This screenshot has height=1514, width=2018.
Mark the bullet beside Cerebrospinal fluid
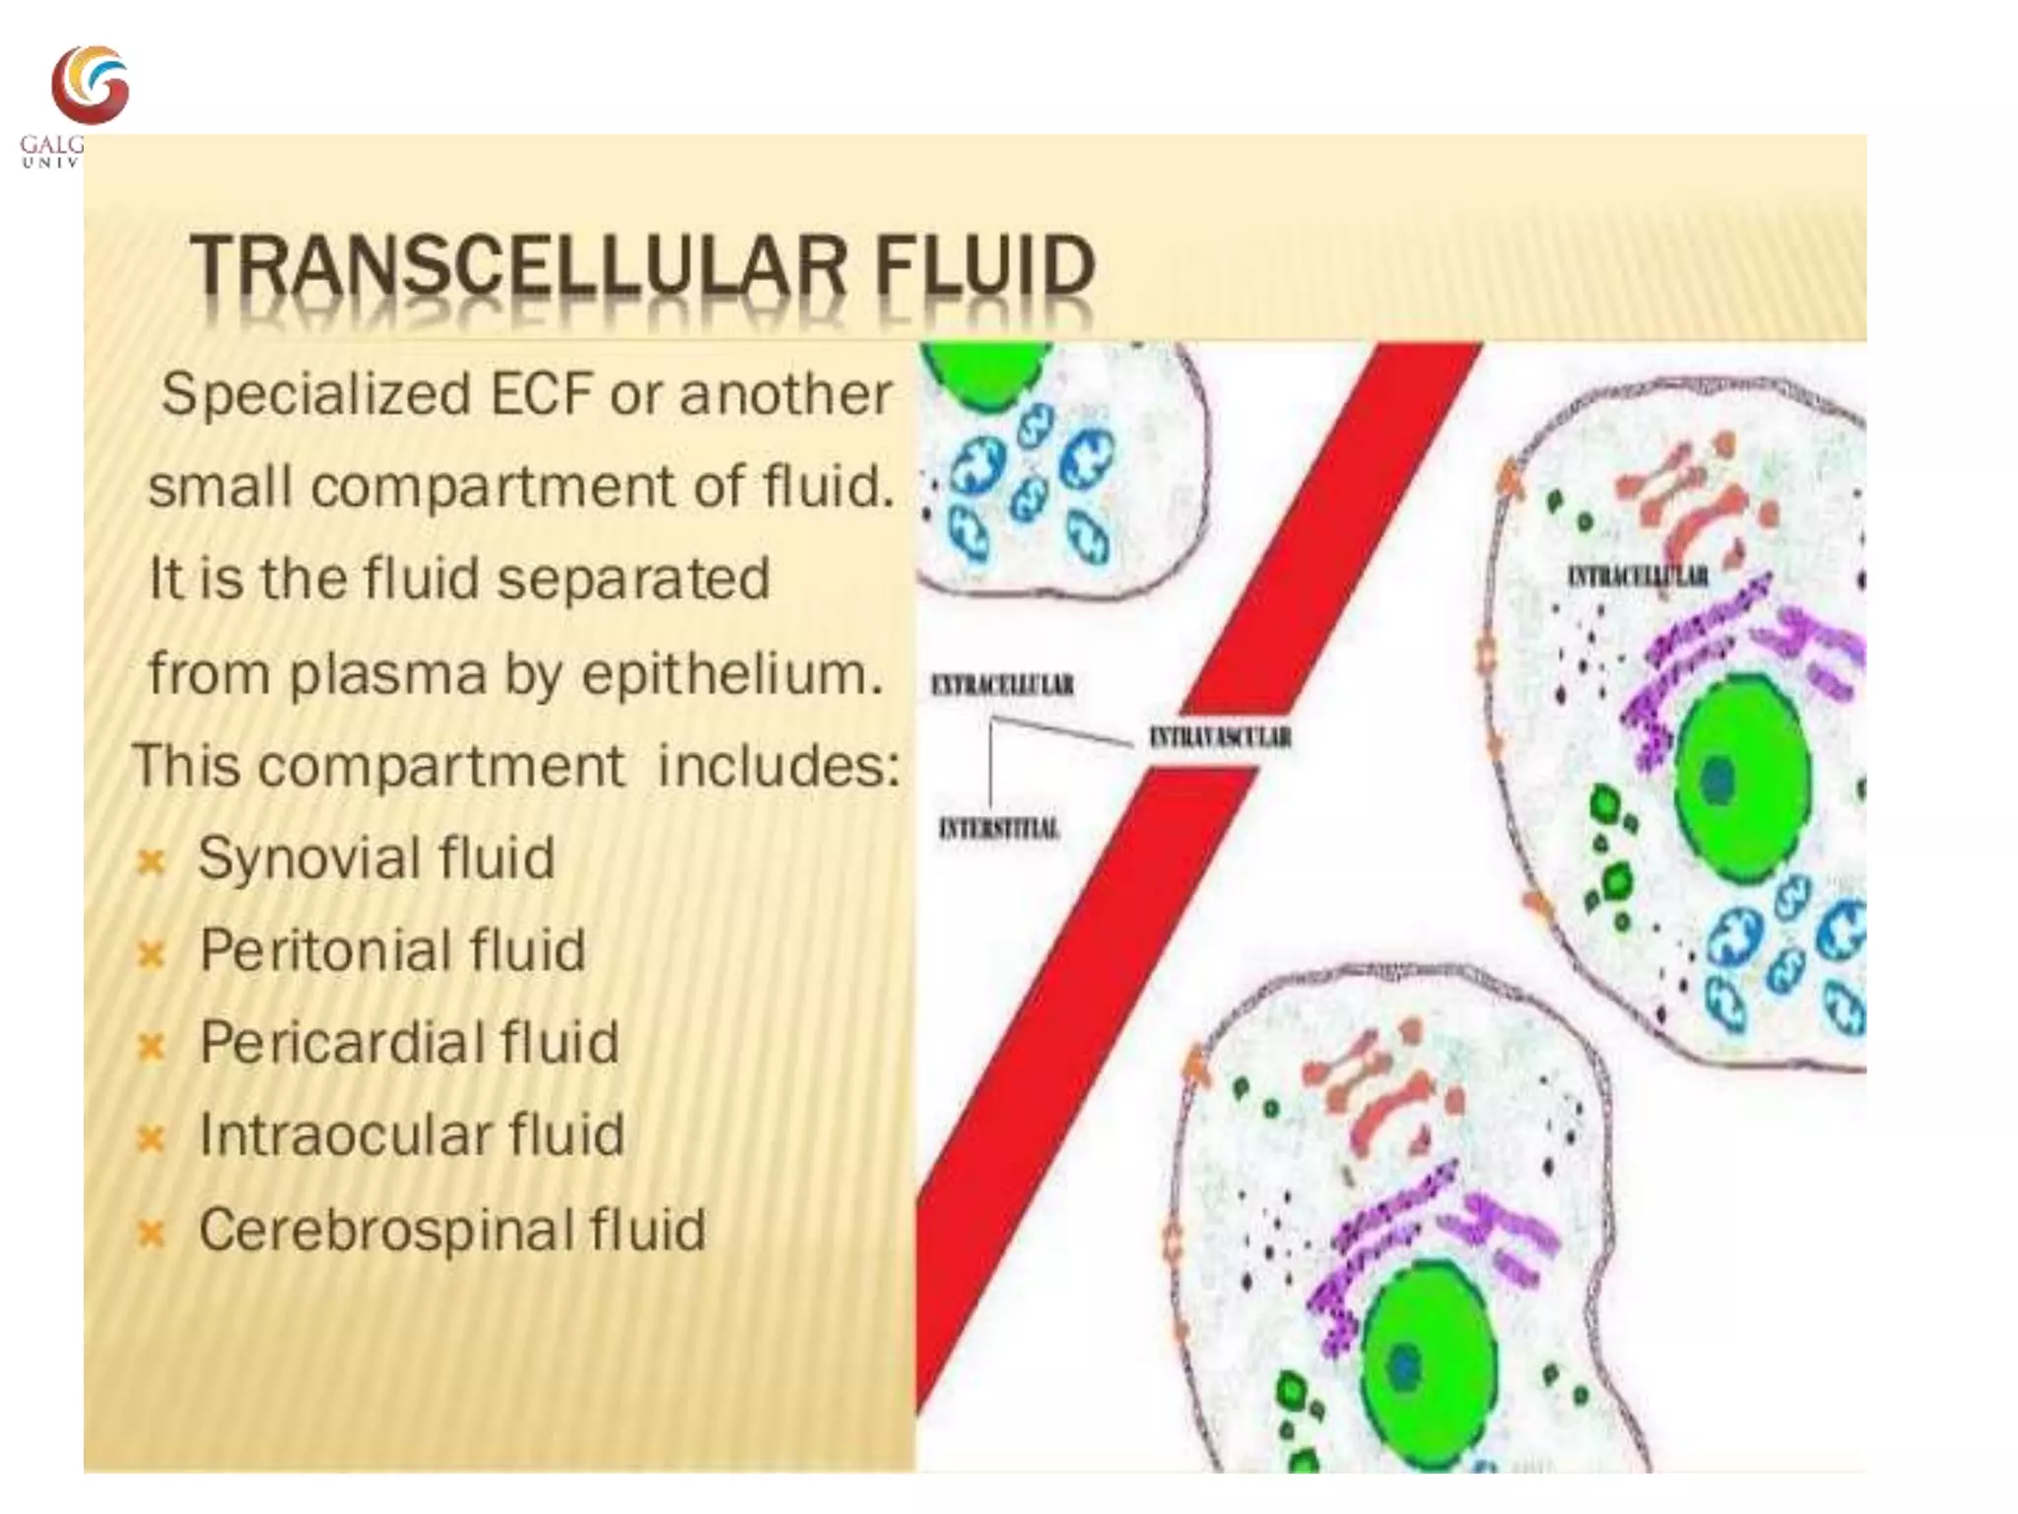(151, 1233)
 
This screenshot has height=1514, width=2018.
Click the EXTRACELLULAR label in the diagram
(1002, 684)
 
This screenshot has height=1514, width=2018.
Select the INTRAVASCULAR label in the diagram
(1220, 736)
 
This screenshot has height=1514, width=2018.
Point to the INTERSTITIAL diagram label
(999, 828)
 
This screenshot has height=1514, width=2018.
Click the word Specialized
(315, 395)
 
